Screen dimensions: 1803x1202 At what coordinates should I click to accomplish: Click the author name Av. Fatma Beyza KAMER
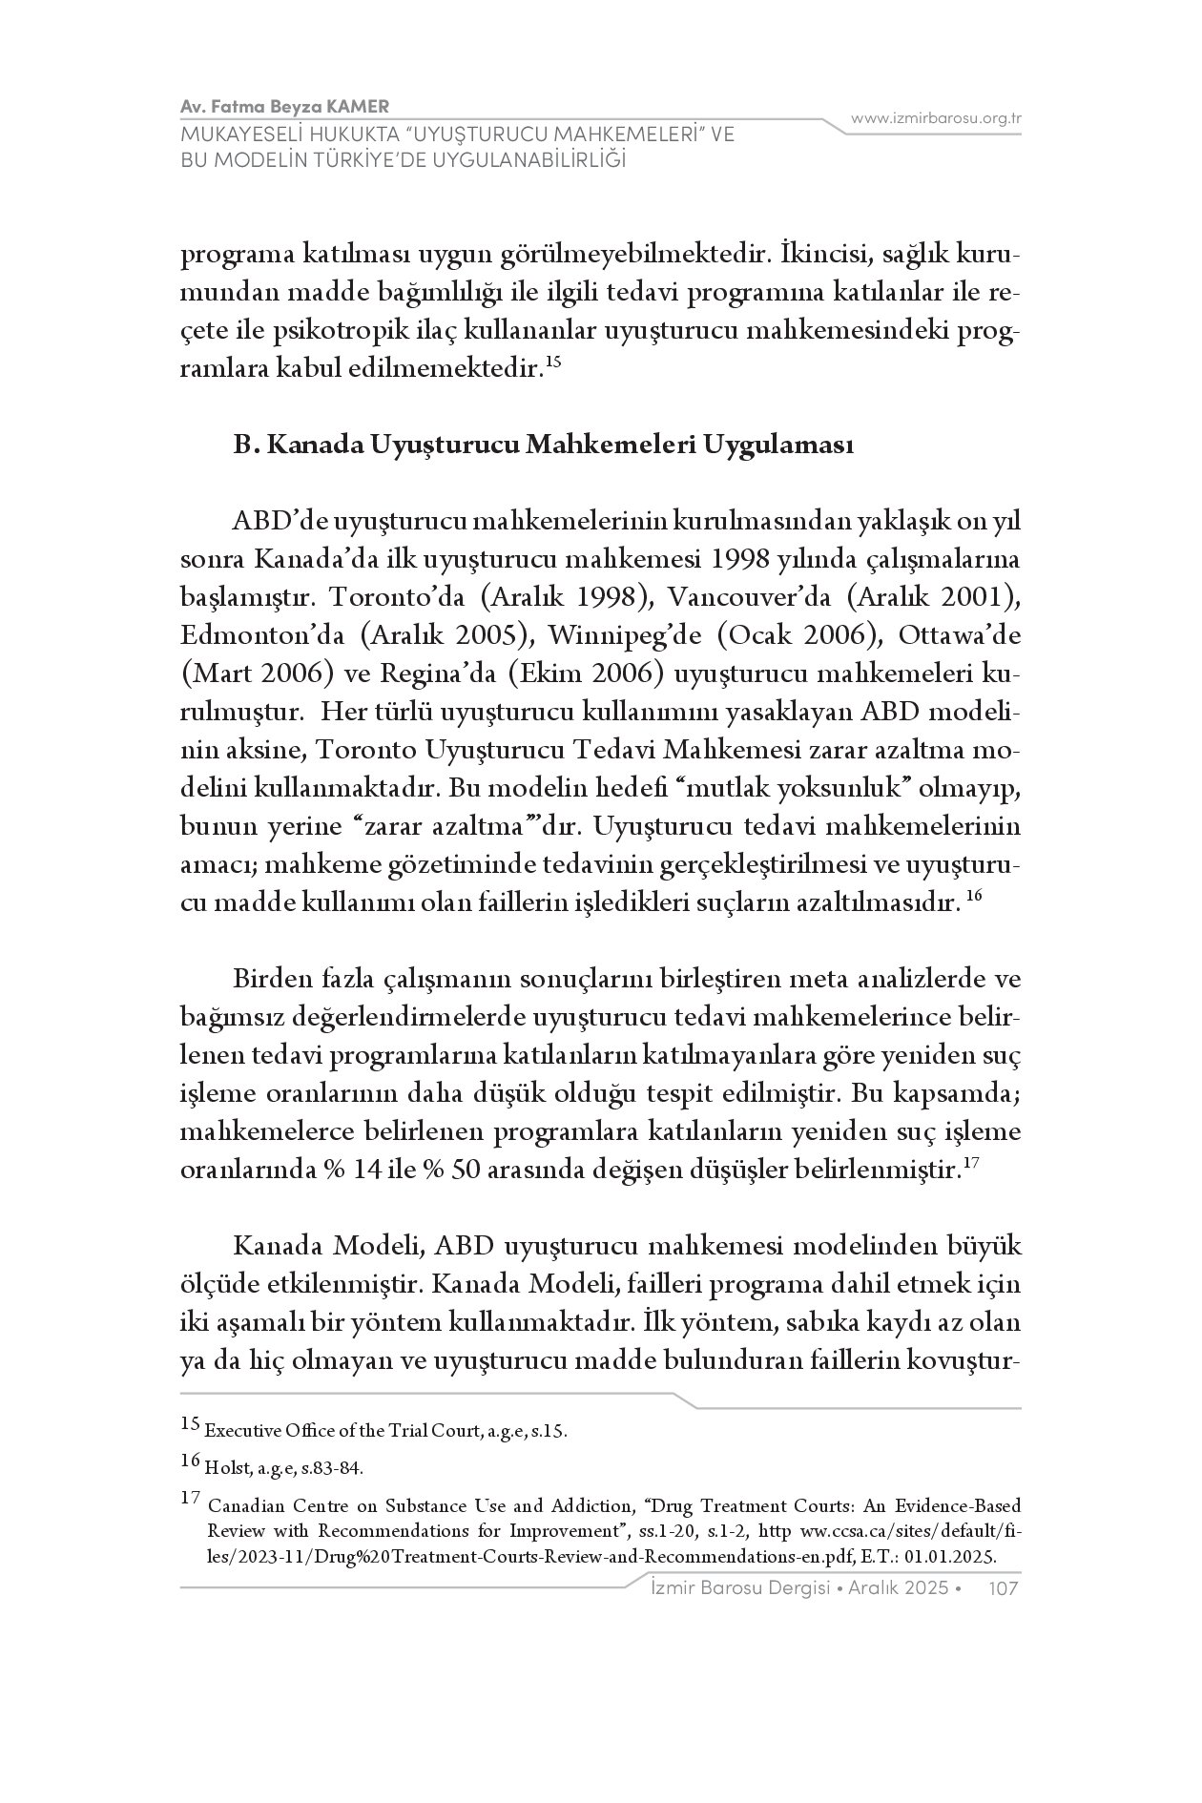(284, 105)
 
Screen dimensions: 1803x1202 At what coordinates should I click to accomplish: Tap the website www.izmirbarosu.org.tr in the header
(937, 118)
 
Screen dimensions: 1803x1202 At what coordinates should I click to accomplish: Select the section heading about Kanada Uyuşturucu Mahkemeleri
(544, 446)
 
